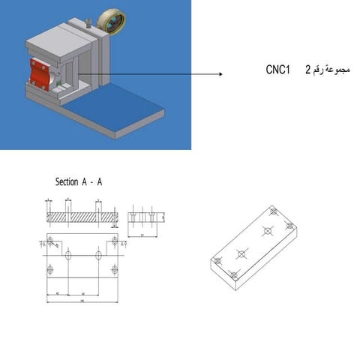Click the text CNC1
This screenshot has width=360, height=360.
point(277,70)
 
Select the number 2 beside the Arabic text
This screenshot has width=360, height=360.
point(307,70)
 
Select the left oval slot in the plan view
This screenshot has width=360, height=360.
point(68,255)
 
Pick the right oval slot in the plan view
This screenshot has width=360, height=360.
point(98,255)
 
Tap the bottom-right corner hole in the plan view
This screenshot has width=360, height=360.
point(114,268)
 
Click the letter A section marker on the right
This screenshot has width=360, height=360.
point(121,244)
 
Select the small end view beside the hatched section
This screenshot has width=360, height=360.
point(145,217)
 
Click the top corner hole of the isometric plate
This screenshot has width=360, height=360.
point(274,212)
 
